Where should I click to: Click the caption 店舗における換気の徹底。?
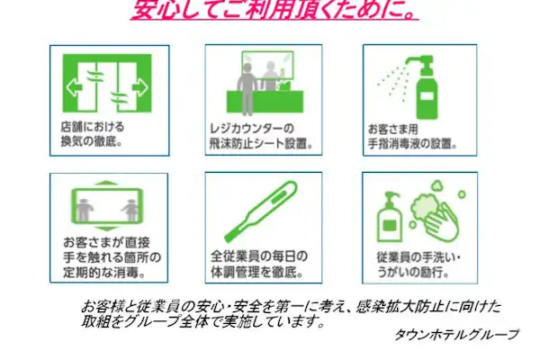94,135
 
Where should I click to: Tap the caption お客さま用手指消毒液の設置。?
413,135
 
